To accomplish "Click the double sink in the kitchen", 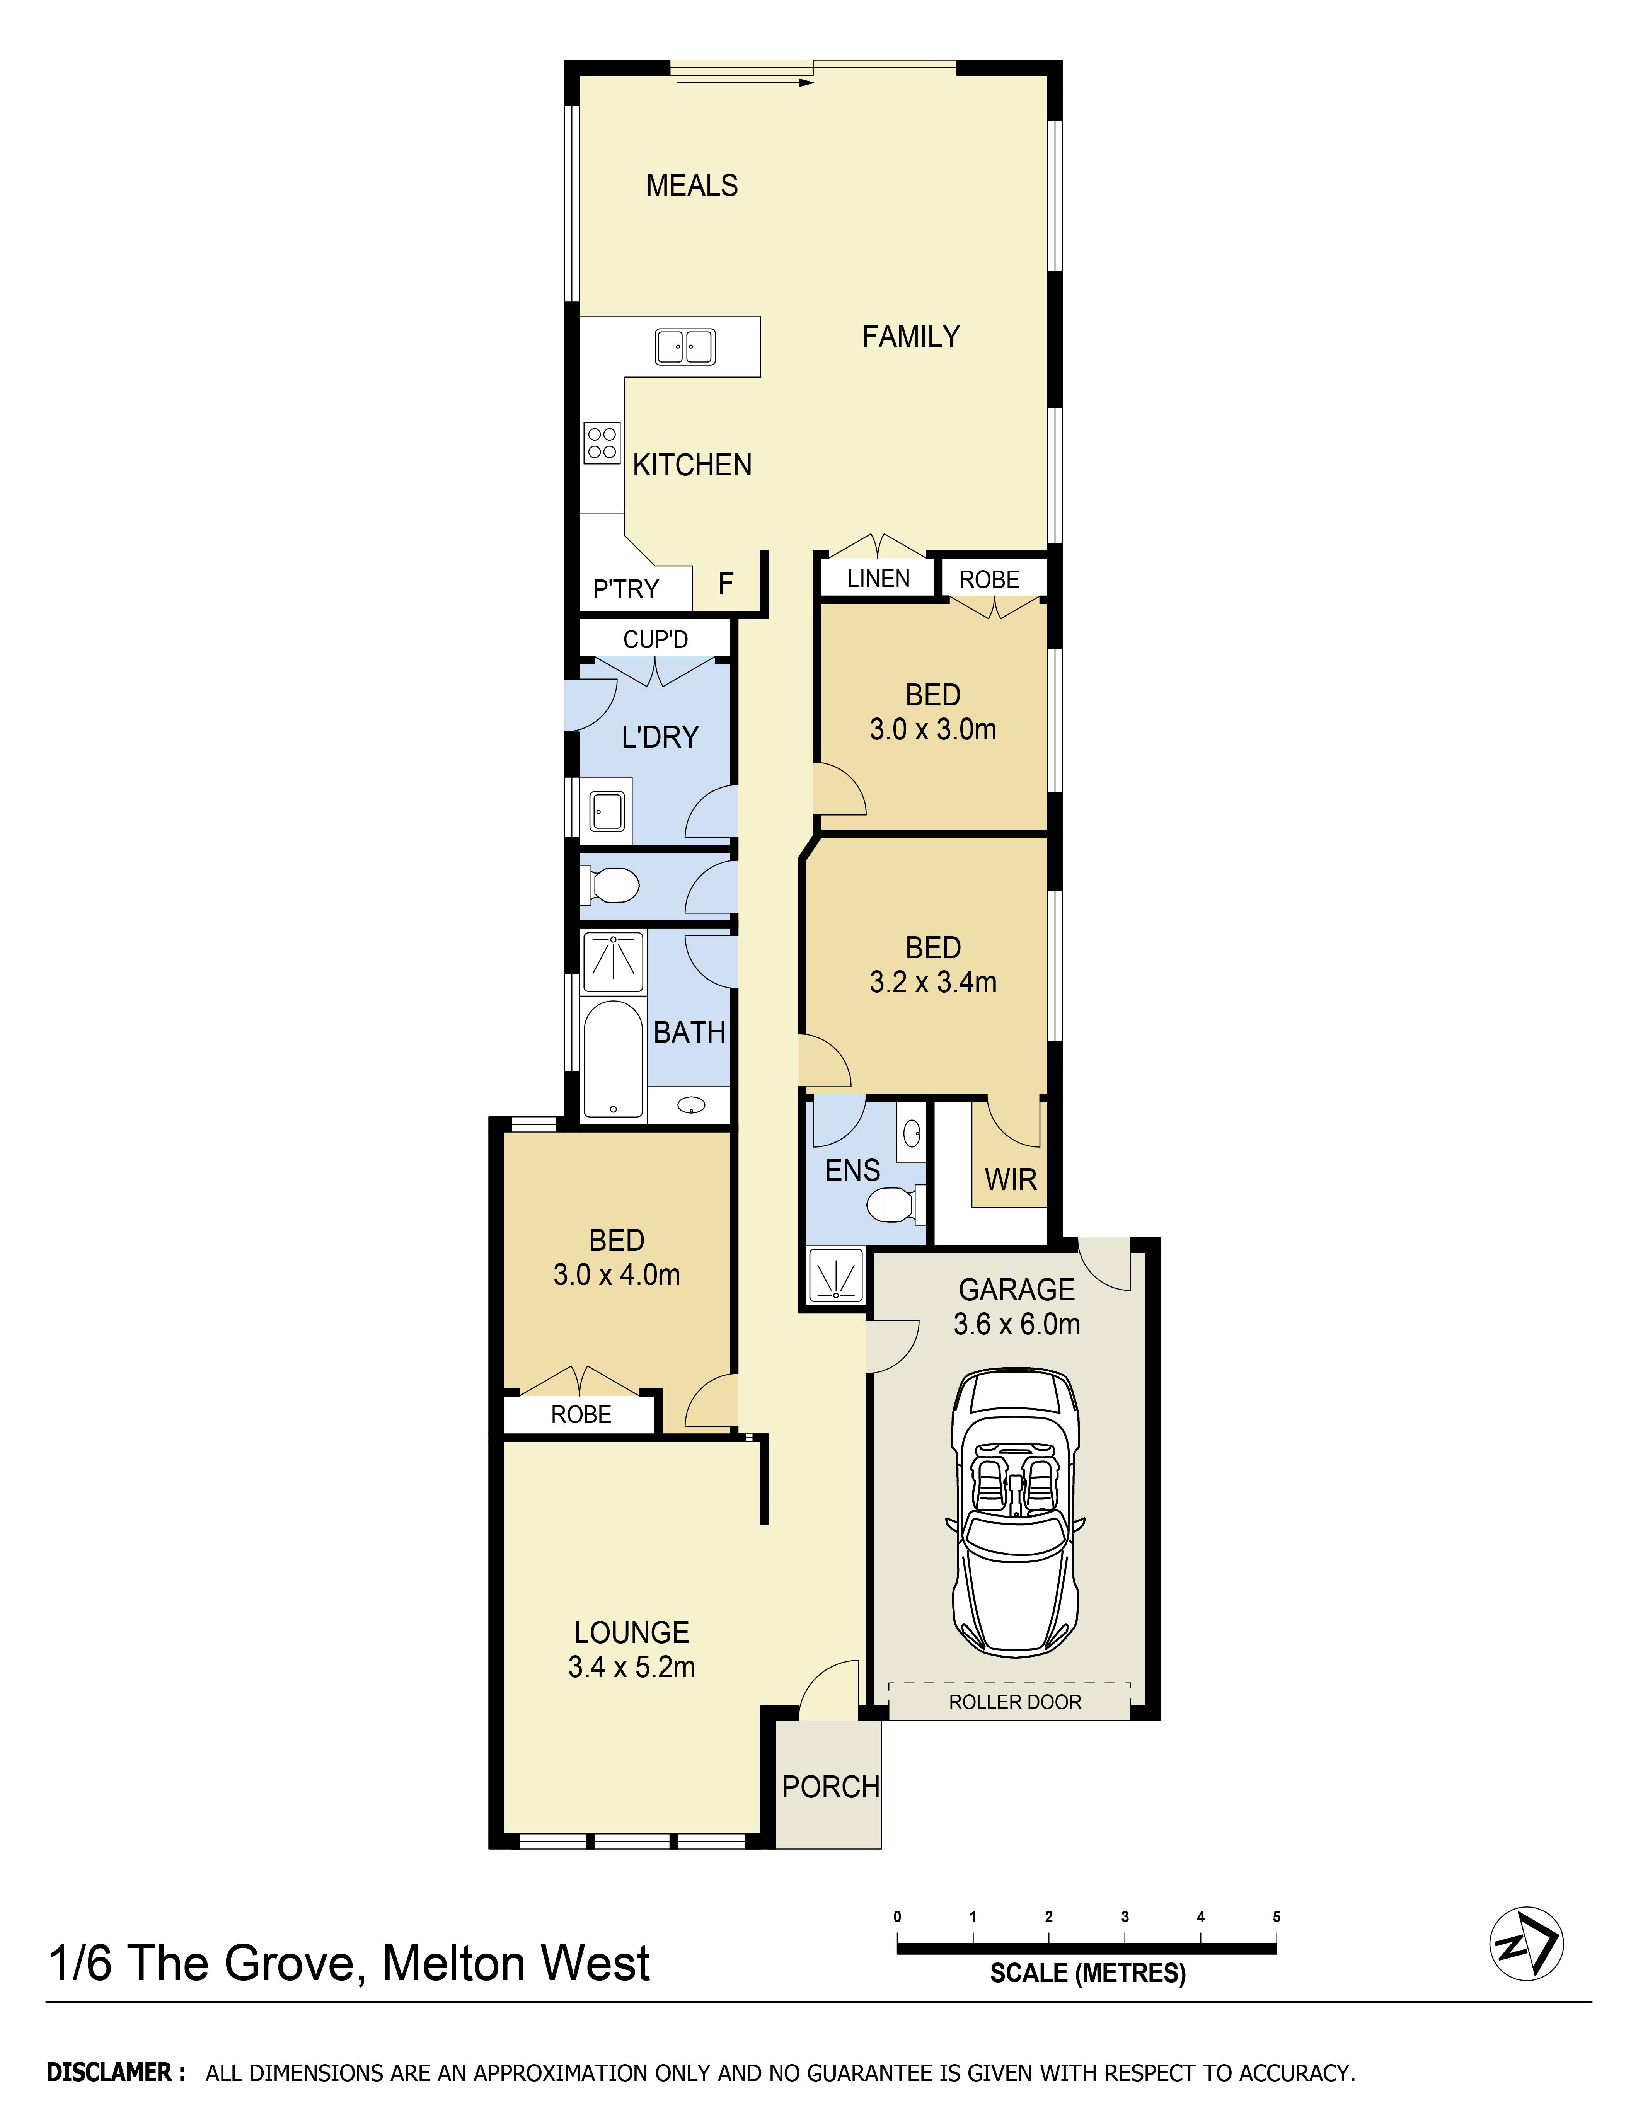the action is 685,347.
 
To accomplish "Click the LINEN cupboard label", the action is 878,578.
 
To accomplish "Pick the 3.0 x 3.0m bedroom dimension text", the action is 932,729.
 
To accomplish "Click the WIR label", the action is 1010,1180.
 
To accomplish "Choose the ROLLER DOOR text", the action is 1015,1702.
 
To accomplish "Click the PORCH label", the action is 830,1786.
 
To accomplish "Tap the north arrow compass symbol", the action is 1526,1942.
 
